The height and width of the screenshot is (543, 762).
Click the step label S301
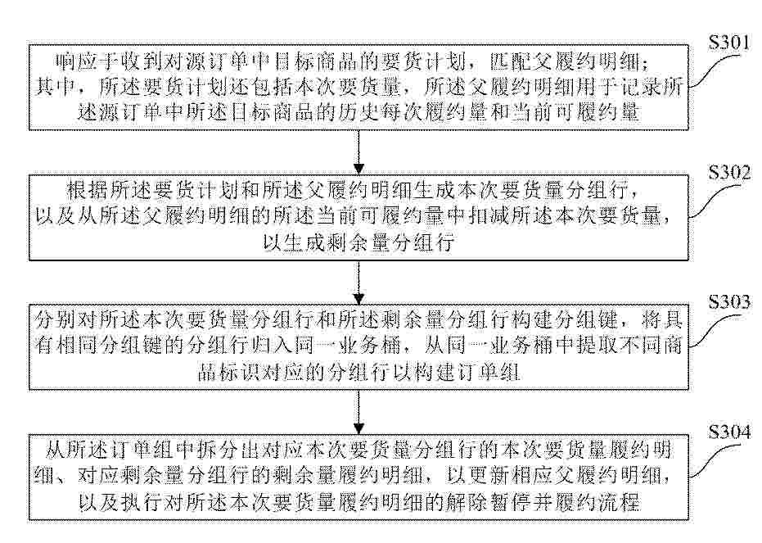729,43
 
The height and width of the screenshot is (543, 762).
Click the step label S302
729,172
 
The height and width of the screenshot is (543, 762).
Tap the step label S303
729,302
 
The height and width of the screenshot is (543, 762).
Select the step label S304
729,432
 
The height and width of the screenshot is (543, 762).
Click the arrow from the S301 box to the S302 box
358,152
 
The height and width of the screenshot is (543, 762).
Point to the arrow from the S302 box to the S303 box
358,283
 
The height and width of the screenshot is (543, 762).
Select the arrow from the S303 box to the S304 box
358,412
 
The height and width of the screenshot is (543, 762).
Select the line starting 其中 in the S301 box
358,87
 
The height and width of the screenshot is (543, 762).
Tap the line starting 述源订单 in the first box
358,113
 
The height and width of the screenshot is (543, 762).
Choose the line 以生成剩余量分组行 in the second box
358,242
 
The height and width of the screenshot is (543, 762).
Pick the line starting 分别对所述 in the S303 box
358,320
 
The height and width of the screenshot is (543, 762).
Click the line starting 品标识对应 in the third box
358,373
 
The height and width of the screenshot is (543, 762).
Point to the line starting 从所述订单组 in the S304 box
358,450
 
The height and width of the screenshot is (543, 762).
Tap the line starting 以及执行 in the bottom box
358,502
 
